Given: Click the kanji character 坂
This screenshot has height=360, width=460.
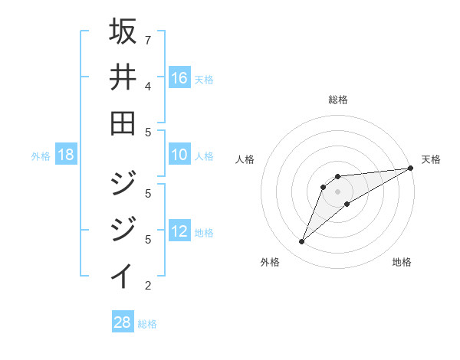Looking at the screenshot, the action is tap(123, 33).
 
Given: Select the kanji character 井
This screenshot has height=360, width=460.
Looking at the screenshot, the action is tap(123, 78).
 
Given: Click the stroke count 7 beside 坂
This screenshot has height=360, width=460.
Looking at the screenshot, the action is tap(148, 40).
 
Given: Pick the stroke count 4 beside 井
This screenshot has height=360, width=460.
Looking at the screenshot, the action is tap(148, 86).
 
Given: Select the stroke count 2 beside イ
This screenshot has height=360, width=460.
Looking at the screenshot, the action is tap(148, 286).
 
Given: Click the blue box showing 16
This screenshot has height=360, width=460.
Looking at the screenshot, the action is tap(179, 78).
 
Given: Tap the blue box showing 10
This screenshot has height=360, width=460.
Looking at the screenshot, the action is tap(179, 155).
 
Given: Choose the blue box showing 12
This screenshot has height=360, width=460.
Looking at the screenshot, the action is tap(179, 232).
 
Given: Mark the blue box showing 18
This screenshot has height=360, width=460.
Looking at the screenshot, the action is tap(66, 155).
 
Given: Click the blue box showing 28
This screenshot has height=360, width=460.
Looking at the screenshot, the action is tap(123, 322).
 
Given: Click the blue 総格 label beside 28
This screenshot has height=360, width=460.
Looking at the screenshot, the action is tap(147, 324).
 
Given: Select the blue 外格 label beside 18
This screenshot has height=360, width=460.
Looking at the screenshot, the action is tap(41, 156).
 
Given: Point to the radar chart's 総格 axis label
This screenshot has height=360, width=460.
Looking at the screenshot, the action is tap(338, 100).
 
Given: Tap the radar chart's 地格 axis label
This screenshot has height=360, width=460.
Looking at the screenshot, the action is tap(402, 262).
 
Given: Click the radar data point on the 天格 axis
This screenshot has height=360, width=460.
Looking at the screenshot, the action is tap(410, 169).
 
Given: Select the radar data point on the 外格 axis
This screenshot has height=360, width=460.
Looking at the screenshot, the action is tap(301, 242).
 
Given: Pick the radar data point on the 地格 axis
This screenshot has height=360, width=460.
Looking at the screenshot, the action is tap(347, 204).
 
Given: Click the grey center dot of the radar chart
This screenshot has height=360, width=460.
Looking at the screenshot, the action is tap(338, 191).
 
